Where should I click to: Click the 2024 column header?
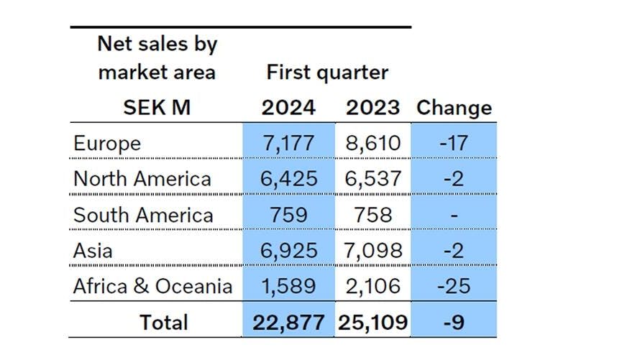pyautogui.click(x=288, y=108)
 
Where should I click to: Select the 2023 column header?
pyautogui.click(x=372, y=108)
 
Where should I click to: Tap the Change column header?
pyautogui.click(x=454, y=108)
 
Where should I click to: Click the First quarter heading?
pyautogui.click(x=327, y=72)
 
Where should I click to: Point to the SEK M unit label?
pyautogui.click(x=156, y=108)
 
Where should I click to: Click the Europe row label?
pyautogui.click(x=106, y=143)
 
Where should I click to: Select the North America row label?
pyautogui.click(x=142, y=178)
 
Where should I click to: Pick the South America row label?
pyautogui.click(x=143, y=214)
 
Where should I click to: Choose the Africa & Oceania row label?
pyautogui.click(x=152, y=286)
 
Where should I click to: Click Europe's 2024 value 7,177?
pyautogui.click(x=288, y=143)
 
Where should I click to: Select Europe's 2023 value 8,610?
pyautogui.click(x=372, y=143)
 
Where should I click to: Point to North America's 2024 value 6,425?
pyautogui.click(x=288, y=178)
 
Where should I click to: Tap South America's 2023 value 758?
pyautogui.click(x=372, y=214)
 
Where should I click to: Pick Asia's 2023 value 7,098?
pyautogui.click(x=372, y=250)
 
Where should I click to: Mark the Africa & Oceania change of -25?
pyautogui.click(x=454, y=286)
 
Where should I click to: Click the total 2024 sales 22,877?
pyautogui.click(x=288, y=322)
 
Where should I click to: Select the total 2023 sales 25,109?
pyautogui.click(x=372, y=322)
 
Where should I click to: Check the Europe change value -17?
pyautogui.click(x=454, y=143)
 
